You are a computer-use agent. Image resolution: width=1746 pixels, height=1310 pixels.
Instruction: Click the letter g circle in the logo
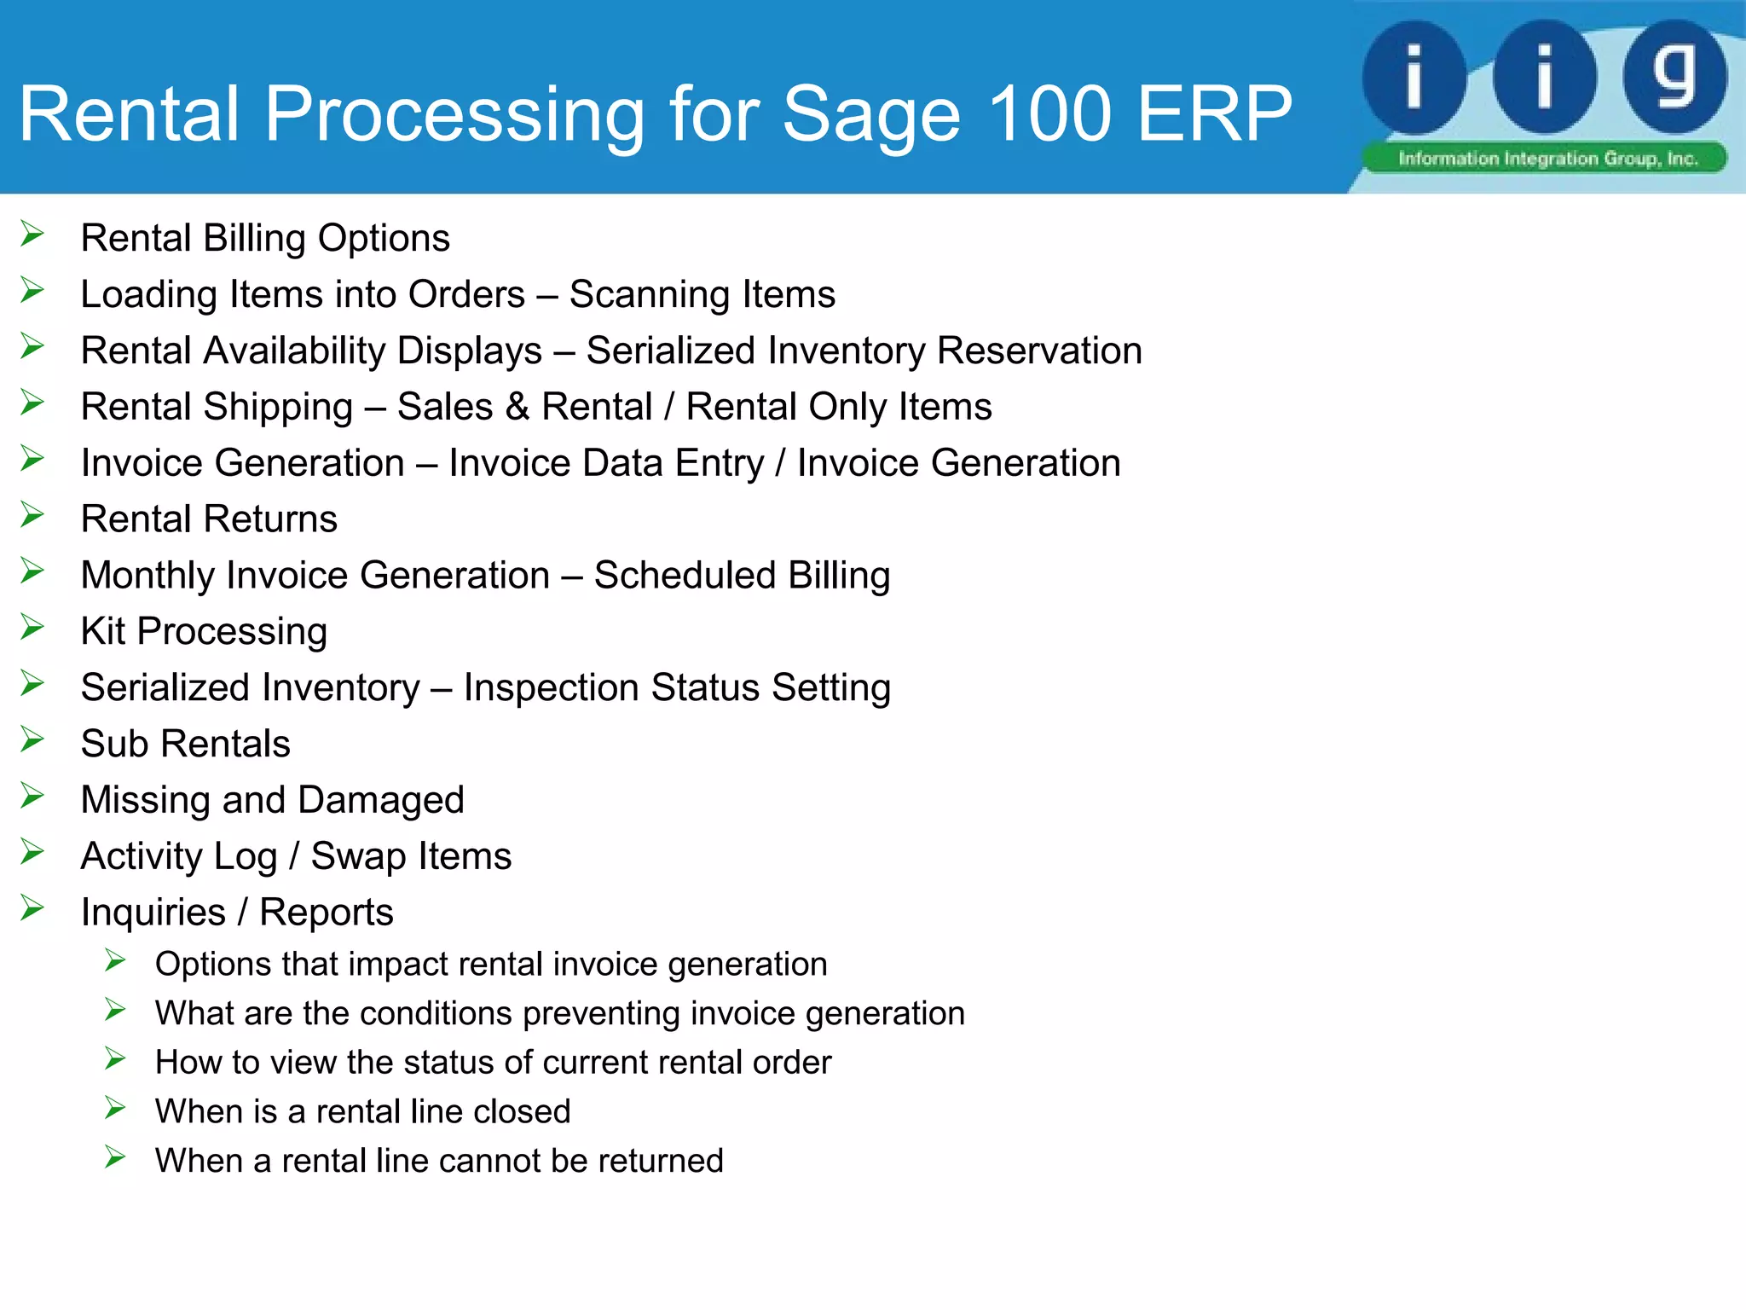click(x=1674, y=77)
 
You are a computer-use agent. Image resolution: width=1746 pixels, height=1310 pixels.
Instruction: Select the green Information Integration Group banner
click(x=1545, y=159)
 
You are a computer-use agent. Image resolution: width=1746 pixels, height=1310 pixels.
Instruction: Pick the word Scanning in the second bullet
click(x=650, y=294)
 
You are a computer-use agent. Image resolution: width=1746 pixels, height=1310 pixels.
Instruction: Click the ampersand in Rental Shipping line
click(x=517, y=407)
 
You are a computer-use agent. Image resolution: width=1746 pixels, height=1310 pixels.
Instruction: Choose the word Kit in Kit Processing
click(x=103, y=631)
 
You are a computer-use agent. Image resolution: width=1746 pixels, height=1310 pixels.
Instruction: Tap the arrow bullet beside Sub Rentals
click(x=32, y=740)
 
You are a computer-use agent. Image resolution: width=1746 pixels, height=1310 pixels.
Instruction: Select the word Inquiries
click(x=153, y=913)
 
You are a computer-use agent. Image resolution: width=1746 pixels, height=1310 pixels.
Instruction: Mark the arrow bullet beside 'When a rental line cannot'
click(x=115, y=1158)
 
